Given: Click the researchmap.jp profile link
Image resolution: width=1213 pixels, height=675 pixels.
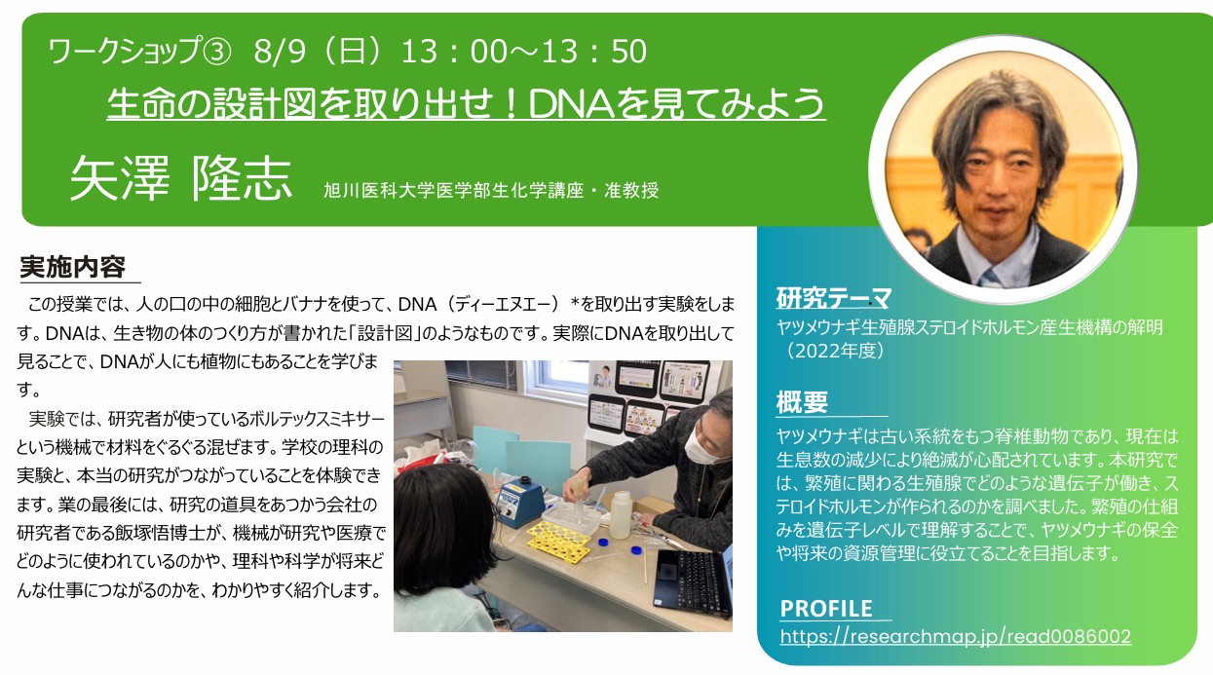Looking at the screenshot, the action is click(x=955, y=636).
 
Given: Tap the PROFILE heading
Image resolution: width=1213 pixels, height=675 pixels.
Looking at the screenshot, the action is click(x=826, y=609).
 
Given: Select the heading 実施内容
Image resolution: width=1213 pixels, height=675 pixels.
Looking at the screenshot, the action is click(x=72, y=267).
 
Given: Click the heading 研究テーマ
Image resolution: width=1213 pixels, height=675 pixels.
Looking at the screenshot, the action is click(x=833, y=298).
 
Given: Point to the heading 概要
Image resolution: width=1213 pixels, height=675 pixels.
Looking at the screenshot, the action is click(x=802, y=402).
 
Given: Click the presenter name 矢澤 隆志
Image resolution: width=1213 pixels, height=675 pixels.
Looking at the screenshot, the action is click(x=181, y=178).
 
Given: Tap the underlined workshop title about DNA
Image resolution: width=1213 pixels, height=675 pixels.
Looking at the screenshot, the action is click(x=467, y=103).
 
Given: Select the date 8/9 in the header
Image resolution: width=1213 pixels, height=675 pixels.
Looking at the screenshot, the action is click(x=280, y=52).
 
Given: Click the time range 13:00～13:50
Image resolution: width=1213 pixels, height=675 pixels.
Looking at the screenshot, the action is click(x=524, y=52).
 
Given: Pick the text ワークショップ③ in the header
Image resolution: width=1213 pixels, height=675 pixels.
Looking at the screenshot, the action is click(x=140, y=52).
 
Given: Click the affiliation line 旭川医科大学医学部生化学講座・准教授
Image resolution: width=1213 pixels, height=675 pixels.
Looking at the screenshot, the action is click(x=491, y=191).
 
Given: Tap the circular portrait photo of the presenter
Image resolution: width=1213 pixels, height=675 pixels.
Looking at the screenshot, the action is click(x=1004, y=169).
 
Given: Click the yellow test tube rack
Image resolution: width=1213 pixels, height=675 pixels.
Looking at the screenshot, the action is click(x=559, y=541).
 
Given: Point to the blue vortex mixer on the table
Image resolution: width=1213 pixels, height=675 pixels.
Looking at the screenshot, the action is click(x=521, y=502).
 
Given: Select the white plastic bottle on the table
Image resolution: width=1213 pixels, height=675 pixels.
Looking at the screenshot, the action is click(x=621, y=515).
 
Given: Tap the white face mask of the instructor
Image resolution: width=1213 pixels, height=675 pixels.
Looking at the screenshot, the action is click(x=700, y=447).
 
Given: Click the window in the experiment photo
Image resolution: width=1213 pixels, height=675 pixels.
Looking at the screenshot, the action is click(x=556, y=380).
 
